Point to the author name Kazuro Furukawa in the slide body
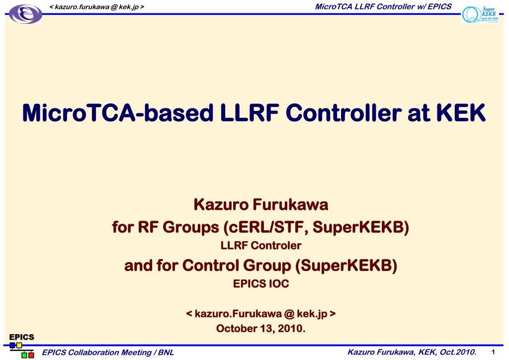coord(254,204)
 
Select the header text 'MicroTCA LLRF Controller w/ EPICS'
coord(383,6)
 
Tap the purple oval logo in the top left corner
coord(26,14)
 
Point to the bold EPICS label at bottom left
coord(22,337)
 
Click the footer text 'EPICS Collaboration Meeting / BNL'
coord(108,353)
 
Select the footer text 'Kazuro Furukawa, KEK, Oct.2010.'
coord(412,353)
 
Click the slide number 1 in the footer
coord(492,353)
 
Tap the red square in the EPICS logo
coord(31,356)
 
